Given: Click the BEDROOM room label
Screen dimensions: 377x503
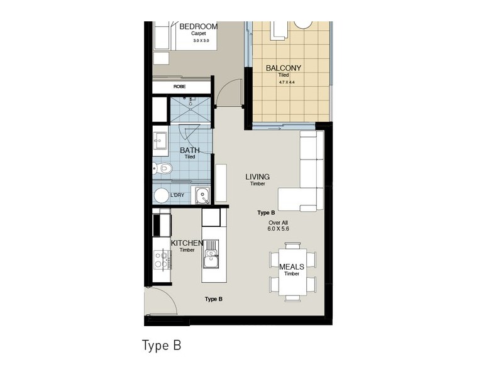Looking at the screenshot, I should [198, 26].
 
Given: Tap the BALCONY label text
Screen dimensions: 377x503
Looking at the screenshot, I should [283, 68].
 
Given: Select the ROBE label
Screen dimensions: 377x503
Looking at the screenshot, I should [180, 87].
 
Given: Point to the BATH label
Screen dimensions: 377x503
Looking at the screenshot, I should [189, 150].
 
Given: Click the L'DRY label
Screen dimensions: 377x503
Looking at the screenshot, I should [178, 195].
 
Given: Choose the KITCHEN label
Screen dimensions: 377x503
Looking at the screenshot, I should [187, 243].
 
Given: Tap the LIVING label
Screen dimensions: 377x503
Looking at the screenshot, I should [258, 177].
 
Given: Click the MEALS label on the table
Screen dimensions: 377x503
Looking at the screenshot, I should [292, 266].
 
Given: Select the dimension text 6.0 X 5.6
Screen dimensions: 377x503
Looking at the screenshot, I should [278, 230].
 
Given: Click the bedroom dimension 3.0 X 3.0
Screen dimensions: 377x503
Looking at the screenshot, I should [198, 40].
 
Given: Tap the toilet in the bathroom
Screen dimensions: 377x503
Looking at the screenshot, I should [163, 168].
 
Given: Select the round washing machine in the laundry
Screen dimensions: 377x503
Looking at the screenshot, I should [161, 195].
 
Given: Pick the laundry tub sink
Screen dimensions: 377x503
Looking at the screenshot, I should [202, 195].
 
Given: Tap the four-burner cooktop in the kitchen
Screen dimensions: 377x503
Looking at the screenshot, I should [162, 259].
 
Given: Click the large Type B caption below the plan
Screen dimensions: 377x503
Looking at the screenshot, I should [162, 346].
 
